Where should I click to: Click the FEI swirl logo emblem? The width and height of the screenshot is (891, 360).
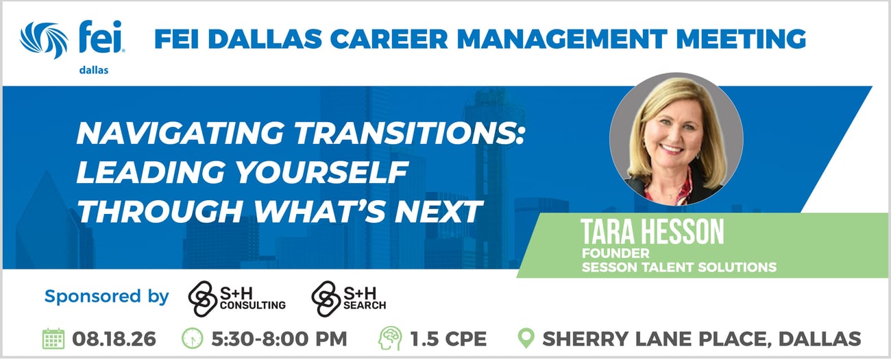click(x=44, y=40)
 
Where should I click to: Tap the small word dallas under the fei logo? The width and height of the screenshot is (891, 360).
click(x=94, y=71)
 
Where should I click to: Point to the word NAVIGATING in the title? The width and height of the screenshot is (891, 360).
click(x=180, y=133)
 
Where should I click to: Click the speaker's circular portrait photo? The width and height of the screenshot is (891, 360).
click(x=676, y=139)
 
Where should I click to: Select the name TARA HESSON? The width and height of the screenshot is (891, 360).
click(x=652, y=232)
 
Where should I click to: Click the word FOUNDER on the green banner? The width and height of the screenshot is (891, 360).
click(x=615, y=253)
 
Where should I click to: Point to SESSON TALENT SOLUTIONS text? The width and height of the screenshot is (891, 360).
click(x=679, y=267)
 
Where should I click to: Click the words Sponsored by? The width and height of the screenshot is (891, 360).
click(x=107, y=297)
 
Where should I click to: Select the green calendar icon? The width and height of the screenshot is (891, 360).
click(x=53, y=339)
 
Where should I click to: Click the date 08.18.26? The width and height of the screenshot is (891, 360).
click(x=114, y=339)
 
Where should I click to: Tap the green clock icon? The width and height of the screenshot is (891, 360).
click(x=192, y=339)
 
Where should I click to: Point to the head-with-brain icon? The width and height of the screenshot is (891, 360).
click(x=390, y=339)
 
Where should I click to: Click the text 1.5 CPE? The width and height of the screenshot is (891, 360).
click(x=448, y=339)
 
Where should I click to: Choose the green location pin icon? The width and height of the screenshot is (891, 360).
click(x=526, y=338)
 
